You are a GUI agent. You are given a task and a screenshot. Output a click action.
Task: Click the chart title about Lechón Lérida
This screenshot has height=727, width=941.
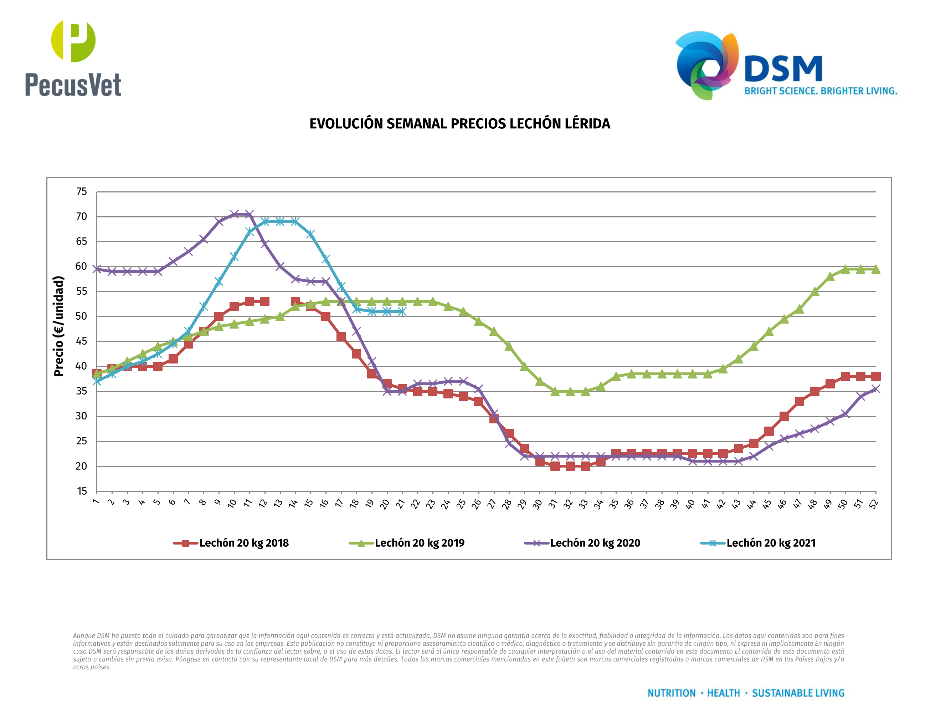460,124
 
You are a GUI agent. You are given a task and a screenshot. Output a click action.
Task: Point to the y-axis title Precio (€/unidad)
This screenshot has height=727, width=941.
58,326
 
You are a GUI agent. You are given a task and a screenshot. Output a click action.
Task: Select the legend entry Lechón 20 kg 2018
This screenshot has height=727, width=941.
231,543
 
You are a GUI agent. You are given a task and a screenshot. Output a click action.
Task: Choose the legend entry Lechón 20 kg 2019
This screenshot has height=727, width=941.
407,543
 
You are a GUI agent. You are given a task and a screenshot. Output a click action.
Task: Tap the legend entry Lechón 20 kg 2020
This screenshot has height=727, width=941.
582,543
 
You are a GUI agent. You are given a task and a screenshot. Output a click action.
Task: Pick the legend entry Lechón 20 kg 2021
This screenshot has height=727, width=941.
758,543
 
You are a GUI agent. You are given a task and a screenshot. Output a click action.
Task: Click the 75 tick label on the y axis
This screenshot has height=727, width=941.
81,192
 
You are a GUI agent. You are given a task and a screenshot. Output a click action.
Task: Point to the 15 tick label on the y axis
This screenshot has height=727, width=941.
81,491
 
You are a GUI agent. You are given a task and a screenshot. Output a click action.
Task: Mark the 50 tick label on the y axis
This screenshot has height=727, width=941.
81,316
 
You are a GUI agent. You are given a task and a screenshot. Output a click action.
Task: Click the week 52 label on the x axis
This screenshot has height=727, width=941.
873,504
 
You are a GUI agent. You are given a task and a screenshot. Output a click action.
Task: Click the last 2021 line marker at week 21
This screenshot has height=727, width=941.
402,311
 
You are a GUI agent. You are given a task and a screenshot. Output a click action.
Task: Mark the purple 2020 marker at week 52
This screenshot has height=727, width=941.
875,389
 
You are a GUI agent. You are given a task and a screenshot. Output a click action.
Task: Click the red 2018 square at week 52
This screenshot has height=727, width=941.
875,376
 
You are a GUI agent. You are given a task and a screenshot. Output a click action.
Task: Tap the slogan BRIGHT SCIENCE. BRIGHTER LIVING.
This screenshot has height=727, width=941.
821,91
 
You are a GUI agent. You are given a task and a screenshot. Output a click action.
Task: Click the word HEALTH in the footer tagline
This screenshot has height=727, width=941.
724,693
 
